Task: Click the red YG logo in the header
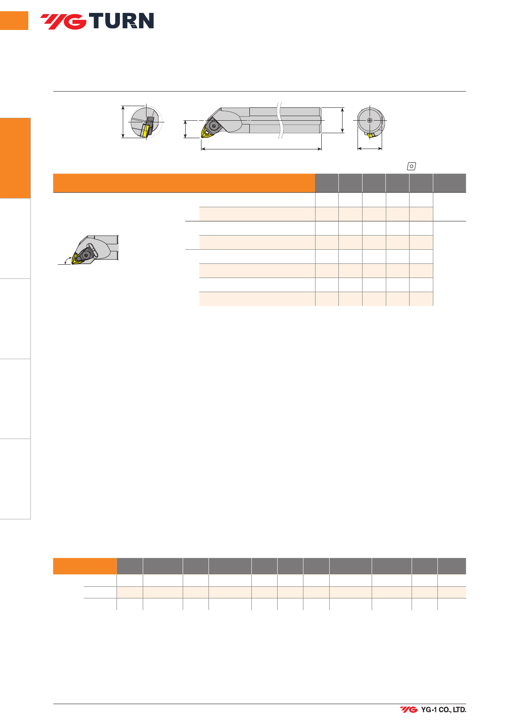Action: tap(63, 22)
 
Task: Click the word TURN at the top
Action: tap(122, 21)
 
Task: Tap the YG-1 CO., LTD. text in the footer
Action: tap(443, 710)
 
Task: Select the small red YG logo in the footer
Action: tap(409, 710)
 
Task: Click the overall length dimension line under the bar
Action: tap(261, 149)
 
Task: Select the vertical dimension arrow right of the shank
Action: tap(342, 120)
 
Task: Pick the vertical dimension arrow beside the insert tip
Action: tap(186, 129)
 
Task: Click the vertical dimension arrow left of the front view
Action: tap(123, 122)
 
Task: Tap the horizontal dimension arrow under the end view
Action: tap(370, 148)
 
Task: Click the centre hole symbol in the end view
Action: tap(370, 121)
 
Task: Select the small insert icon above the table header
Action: tap(411, 166)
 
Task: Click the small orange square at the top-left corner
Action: tap(14, 21)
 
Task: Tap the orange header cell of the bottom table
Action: tap(85, 566)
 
